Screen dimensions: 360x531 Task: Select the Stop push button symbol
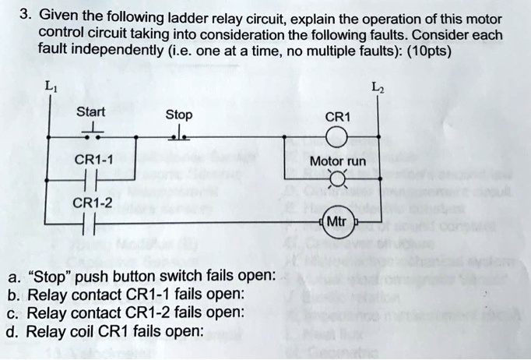click(x=180, y=136)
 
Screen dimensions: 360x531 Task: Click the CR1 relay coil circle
click(x=337, y=140)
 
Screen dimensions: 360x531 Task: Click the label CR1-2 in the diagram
click(x=93, y=204)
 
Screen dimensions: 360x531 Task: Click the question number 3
click(x=25, y=15)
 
